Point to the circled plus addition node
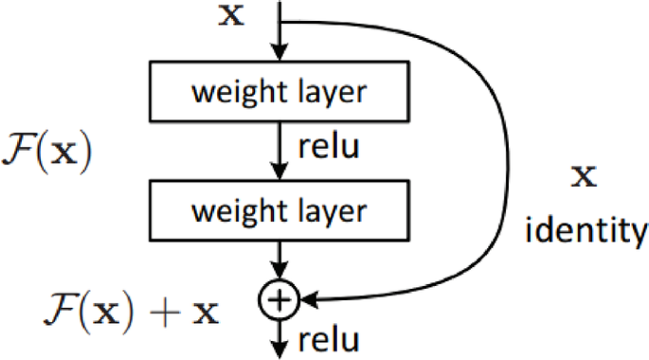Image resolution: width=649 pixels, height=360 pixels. [x=279, y=300]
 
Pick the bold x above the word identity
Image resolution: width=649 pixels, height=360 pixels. [x=587, y=176]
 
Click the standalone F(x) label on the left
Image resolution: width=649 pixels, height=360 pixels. [x=47, y=153]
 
